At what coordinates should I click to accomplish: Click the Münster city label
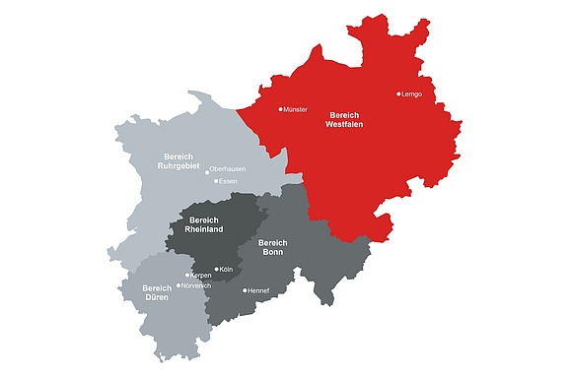tap(296, 109)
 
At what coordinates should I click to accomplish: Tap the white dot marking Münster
tap(281, 109)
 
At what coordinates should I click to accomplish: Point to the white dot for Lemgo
tap(399, 94)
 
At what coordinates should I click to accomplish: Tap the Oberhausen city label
tap(228, 169)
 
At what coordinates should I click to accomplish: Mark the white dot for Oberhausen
tap(207, 170)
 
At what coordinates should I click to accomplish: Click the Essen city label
tap(228, 182)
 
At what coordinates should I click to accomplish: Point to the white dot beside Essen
tap(215, 182)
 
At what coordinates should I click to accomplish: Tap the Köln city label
tap(226, 269)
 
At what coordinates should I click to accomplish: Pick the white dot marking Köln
tap(216, 269)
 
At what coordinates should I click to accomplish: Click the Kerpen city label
tap(200, 276)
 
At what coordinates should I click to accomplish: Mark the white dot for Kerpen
tap(187, 276)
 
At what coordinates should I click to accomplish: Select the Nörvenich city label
tap(197, 285)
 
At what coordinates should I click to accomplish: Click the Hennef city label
tap(259, 290)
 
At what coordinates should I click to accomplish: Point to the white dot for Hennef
tap(246, 290)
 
